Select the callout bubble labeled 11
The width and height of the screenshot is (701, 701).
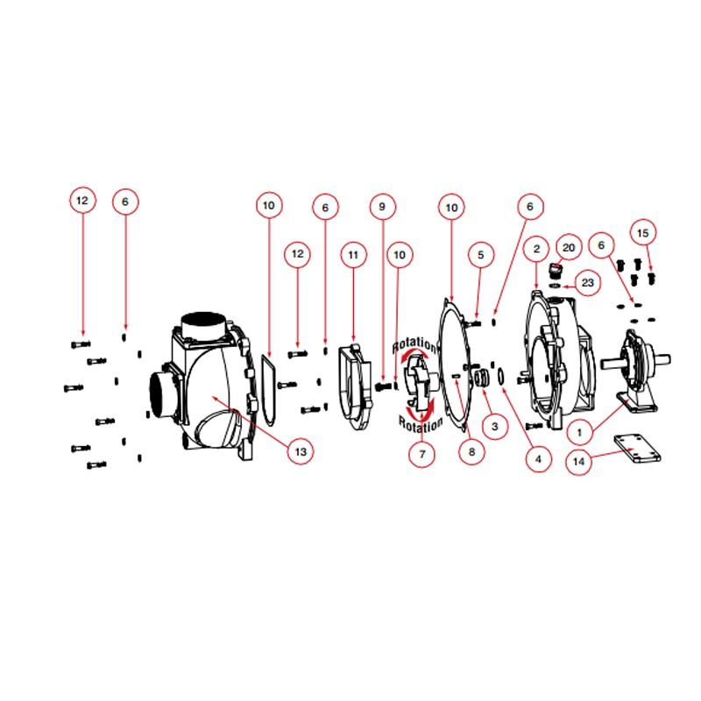(x=353, y=255)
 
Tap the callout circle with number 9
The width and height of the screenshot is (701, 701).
(x=381, y=208)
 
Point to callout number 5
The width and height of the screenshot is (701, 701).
(x=479, y=255)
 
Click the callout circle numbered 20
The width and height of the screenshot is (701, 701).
(x=567, y=249)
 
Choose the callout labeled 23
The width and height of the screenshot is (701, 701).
(x=588, y=283)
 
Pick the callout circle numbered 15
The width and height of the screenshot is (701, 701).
(x=644, y=233)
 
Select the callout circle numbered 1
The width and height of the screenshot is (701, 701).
(x=577, y=431)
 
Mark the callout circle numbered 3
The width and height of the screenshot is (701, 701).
(x=494, y=426)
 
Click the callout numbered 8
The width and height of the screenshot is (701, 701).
(x=471, y=452)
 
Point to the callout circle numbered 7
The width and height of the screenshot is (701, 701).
(x=421, y=455)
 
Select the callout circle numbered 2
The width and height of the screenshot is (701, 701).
(x=535, y=250)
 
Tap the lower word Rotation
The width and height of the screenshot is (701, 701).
(x=418, y=425)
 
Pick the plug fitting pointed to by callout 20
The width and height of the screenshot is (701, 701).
(x=554, y=268)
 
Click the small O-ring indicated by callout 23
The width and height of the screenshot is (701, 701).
(x=556, y=284)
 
